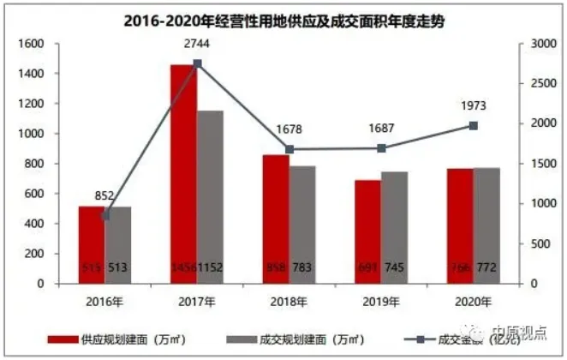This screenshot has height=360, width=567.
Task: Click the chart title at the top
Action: click(x=284, y=18)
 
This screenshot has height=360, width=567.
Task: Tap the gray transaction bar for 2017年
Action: click(x=210, y=197)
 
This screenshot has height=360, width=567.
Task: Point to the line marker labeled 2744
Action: click(x=197, y=63)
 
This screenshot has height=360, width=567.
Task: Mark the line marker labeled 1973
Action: click(x=473, y=125)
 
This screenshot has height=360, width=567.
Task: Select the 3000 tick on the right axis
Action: click(x=537, y=44)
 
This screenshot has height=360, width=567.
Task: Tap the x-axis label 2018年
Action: click(x=289, y=300)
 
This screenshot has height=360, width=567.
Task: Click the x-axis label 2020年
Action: click(x=473, y=300)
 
